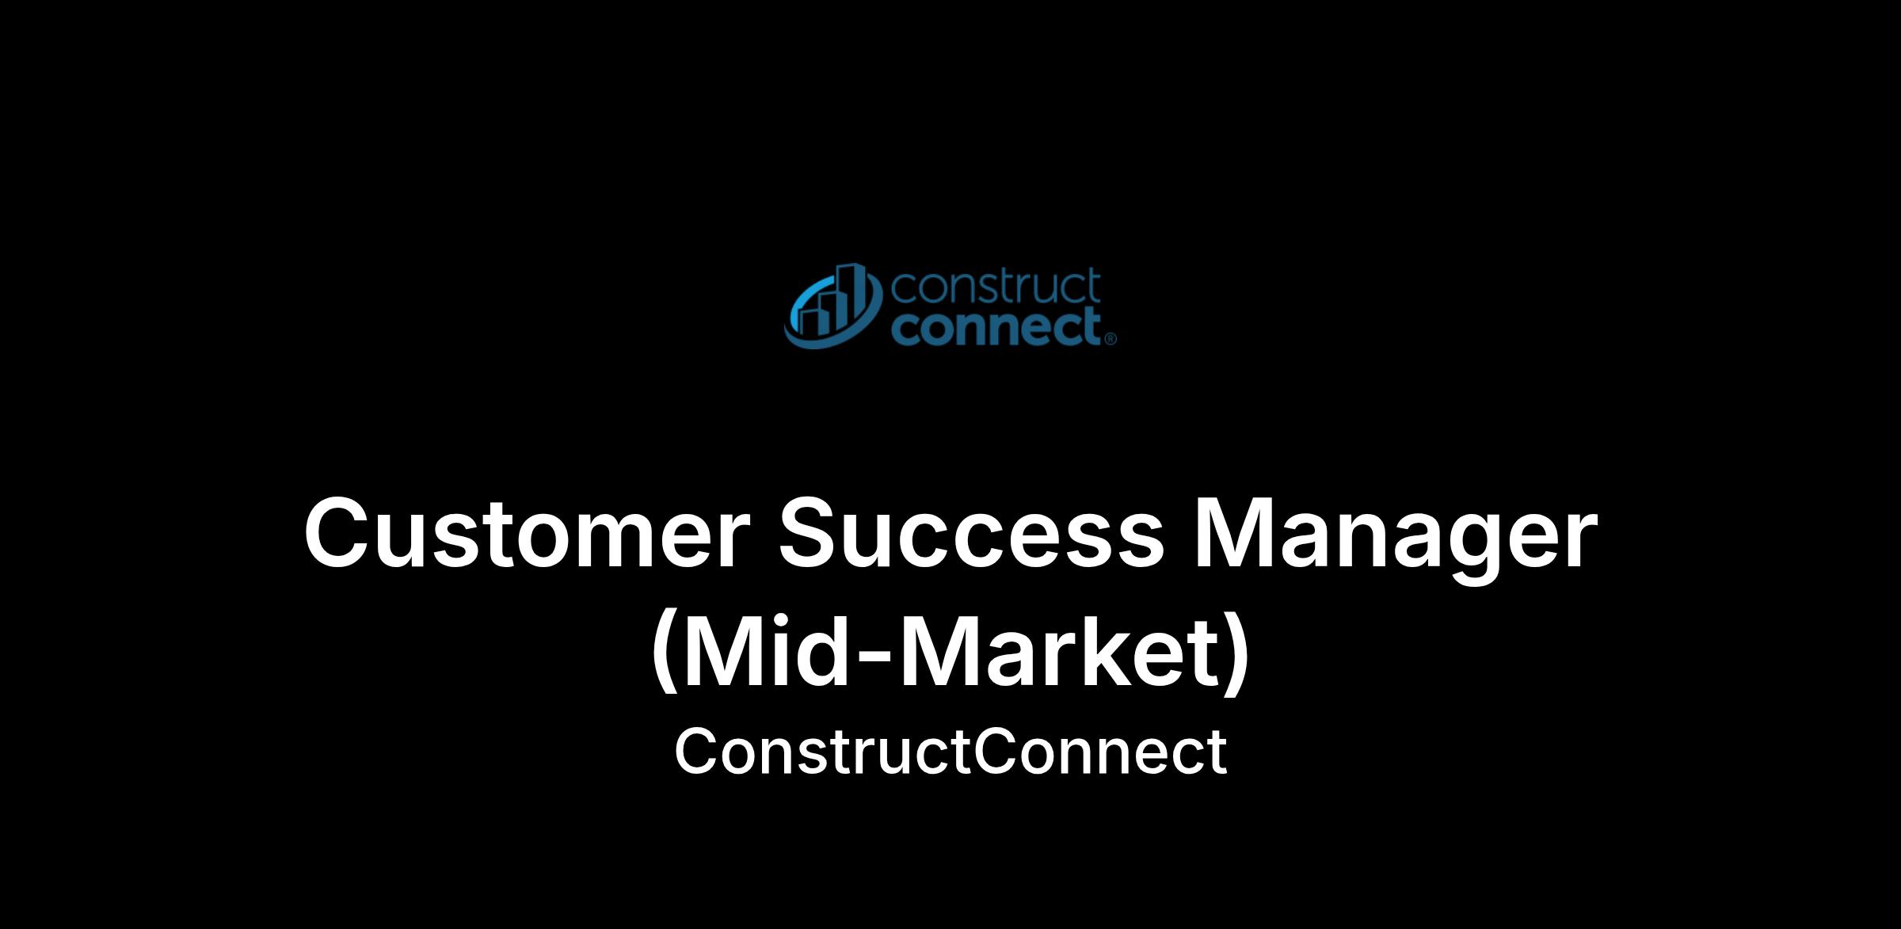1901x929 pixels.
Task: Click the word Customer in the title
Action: coord(526,532)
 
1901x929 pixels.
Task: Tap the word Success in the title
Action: coord(972,532)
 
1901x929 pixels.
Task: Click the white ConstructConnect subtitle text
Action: coord(950,752)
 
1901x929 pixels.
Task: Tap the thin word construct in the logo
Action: coord(996,287)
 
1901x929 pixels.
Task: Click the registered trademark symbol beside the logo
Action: coord(1110,339)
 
